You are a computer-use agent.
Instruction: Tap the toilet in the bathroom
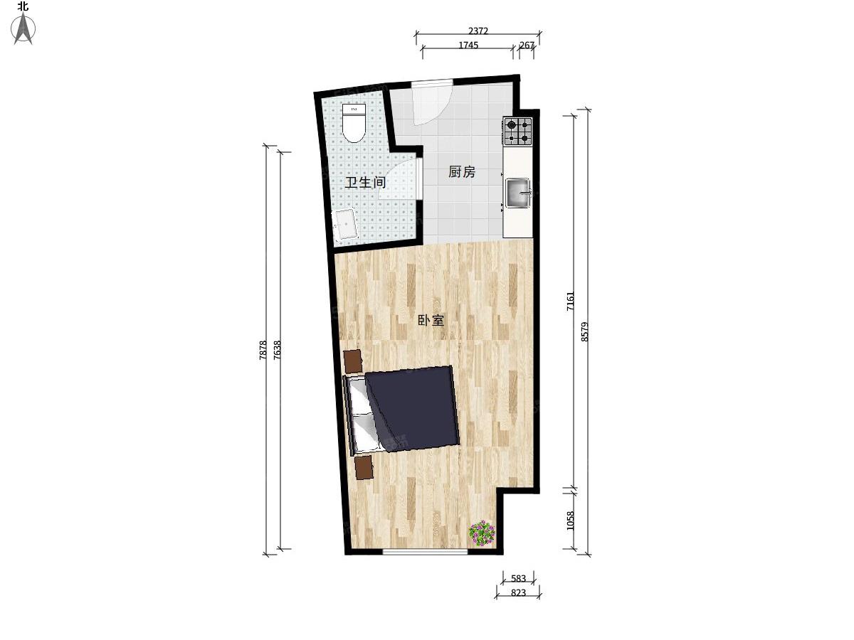coord(81,123)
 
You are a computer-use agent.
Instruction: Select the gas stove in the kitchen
coord(518,132)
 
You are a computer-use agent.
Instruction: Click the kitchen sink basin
coord(518,193)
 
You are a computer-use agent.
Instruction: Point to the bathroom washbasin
coord(73,225)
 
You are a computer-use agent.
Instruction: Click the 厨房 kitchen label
coord(462,172)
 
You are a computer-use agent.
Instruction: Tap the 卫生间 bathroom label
coord(365,182)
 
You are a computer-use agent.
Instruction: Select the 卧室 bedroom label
coord(431,320)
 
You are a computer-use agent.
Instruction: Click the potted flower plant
coord(482,533)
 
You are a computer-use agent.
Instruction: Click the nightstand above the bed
coord(353,361)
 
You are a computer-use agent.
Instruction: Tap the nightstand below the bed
coord(364,468)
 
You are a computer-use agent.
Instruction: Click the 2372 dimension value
coord(478,31)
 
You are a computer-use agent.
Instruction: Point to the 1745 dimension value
coord(468,45)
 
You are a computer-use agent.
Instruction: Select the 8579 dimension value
coord(584,332)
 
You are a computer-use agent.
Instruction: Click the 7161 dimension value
coord(570,301)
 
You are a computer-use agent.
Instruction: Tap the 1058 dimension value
coord(570,521)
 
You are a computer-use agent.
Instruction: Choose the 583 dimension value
coord(518,579)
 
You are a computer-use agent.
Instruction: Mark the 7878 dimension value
coord(263,350)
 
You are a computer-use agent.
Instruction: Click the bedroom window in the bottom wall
coord(425,552)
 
